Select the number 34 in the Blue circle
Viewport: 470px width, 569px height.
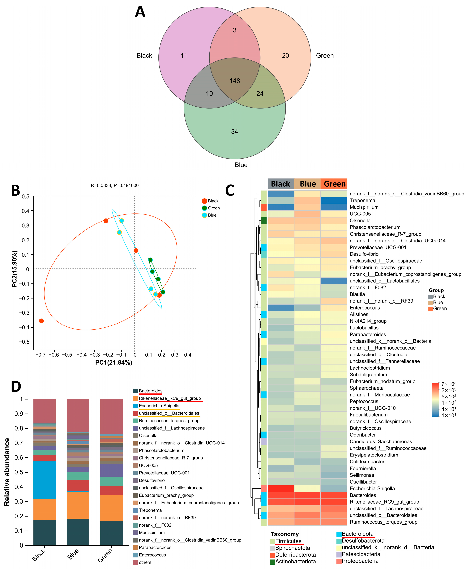pos(234,132)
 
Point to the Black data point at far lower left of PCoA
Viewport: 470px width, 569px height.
pos(41,321)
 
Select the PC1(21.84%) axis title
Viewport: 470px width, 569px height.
pos(114,362)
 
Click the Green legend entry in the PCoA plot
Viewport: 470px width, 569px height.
pos(214,208)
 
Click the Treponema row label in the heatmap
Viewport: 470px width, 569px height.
pos(362,200)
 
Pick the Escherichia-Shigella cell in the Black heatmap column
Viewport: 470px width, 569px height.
pos(281,488)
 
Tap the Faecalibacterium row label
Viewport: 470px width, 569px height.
pos(368,415)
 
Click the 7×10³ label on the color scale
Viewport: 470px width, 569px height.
pos(449,384)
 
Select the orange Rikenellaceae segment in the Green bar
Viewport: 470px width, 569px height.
pos(111,508)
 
